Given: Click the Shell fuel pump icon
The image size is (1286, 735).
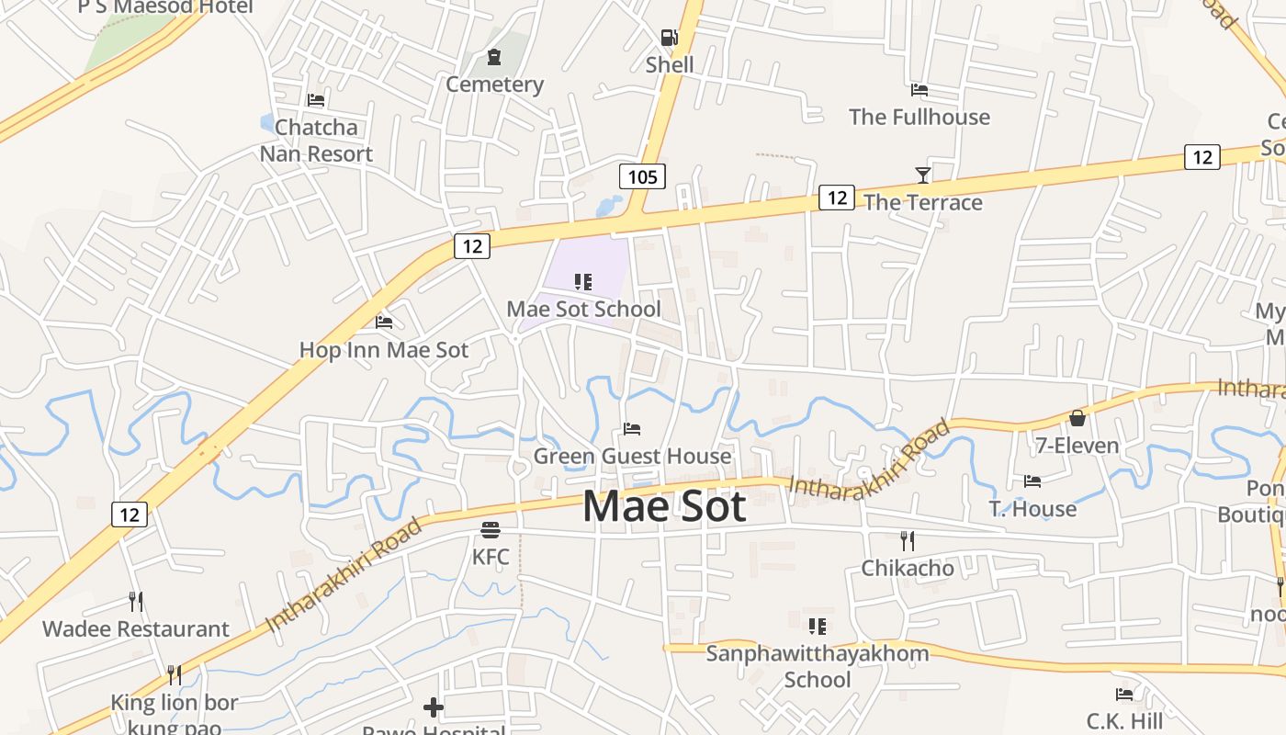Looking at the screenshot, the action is [669, 38].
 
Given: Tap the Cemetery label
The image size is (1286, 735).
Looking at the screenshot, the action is [494, 85].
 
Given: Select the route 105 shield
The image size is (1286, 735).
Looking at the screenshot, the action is [642, 176].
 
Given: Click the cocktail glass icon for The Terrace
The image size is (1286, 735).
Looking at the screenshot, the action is [923, 175].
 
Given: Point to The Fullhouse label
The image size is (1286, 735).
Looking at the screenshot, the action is [919, 117].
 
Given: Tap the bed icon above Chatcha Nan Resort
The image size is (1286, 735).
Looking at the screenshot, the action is [316, 100].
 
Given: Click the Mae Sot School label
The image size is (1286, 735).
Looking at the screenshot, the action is [583, 309].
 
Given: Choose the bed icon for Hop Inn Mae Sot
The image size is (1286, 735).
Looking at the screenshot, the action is [384, 322].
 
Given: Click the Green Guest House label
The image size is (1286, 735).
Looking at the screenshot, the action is [632, 456].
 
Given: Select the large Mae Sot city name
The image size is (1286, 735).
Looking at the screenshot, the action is [664, 506].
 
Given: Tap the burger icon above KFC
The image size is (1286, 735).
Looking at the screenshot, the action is [491, 530].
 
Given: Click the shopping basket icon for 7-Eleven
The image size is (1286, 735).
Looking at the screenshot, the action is [1077, 419].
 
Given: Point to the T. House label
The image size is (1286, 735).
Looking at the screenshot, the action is [1032, 509].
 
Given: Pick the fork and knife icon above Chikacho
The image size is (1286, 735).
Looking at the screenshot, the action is [908, 541].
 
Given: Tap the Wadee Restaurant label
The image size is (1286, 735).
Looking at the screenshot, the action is [136, 629].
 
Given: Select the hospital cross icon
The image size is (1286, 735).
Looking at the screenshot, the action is [434, 707].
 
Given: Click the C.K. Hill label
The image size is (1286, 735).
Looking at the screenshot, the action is [1124, 720].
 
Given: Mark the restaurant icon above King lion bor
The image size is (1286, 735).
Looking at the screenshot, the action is [174, 675].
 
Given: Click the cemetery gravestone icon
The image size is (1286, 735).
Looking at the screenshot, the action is [494, 58].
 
